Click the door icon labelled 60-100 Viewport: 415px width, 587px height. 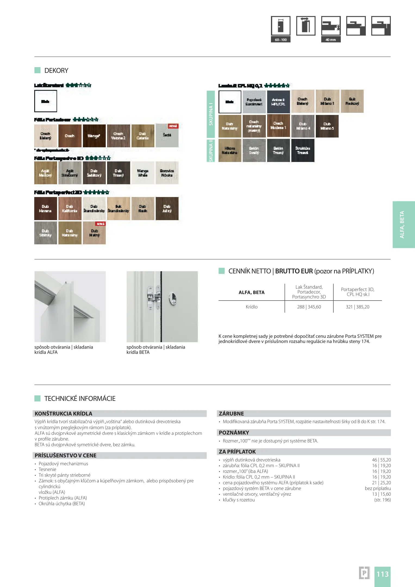tap(280, 26)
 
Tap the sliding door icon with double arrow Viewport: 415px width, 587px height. tap(306, 26)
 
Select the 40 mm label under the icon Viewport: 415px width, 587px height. tap(331, 40)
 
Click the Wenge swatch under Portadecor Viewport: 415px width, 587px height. tap(94, 136)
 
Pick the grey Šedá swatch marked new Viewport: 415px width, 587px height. tap(167, 136)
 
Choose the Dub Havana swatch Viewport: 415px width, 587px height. tap(45, 208)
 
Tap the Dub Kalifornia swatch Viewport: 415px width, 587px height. tap(70, 208)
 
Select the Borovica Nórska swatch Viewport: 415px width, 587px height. tap(167, 173)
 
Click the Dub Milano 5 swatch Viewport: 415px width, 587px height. tap(327, 126)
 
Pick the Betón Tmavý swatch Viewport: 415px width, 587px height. tap(278, 151)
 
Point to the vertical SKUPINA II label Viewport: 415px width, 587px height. tap(211, 151)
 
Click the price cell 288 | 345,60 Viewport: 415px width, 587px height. tap(309, 307)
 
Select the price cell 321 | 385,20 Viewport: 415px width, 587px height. tap(357, 307)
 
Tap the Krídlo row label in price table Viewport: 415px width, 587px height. tap(251, 307)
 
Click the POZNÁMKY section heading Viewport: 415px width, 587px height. tap(234, 433)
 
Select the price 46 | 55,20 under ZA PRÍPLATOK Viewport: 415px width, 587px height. tap(381, 460)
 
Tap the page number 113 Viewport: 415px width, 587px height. tap(382, 574)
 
